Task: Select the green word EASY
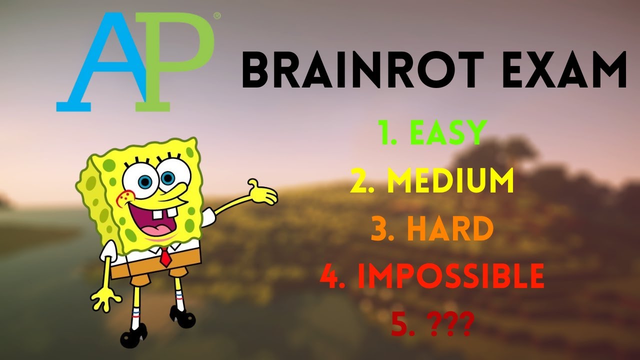pyautogui.click(x=447, y=133)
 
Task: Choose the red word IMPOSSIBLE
pyautogui.click(x=452, y=275)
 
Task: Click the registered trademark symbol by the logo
pyautogui.click(x=217, y=16)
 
